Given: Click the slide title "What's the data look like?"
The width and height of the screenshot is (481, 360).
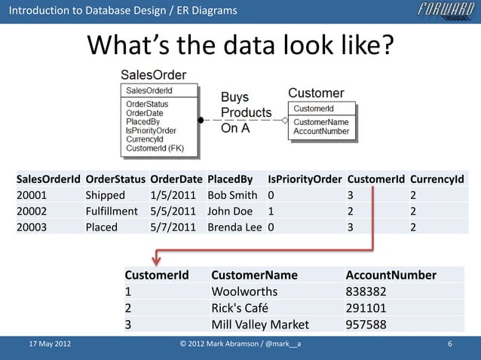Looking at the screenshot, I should tap(240, 47).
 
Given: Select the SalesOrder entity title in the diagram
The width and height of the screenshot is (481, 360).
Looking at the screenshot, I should tap(154, 76).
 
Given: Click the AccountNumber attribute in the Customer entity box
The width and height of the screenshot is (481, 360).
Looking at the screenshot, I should tap(321, 131).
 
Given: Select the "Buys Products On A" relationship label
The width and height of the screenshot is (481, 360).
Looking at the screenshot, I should tap(245, 112).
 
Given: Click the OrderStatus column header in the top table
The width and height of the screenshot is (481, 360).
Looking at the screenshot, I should tap(115, 180).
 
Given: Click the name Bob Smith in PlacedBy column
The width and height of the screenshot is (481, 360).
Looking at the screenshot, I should tap(233, 196).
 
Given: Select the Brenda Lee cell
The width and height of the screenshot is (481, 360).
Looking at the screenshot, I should tap(235, 227).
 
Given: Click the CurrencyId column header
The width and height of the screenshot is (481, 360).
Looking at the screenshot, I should tap(437, 180).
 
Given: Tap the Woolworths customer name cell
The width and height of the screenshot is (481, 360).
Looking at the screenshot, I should tap(244, 291).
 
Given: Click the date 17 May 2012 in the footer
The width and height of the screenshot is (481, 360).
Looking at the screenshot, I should tap(50, 345).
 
